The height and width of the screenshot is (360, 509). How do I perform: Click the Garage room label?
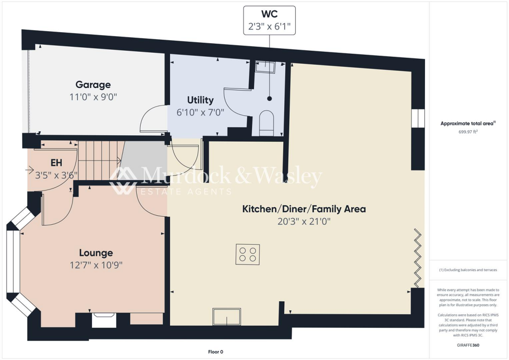[x=93, y=85]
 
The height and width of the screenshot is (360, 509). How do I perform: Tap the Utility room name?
[x=200, y=100]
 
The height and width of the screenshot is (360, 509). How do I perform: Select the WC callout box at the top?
[x=269, y=20]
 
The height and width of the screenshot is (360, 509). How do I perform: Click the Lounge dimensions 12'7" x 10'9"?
[x=96, y=265]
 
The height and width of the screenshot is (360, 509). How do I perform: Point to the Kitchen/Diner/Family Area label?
[x=304, y=209]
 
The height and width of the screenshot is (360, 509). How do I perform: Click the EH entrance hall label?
[x=56, y=163]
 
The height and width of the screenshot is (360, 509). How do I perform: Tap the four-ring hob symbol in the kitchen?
[x=248, y=255]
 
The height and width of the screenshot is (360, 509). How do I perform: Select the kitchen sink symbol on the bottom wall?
[x=226, y=316]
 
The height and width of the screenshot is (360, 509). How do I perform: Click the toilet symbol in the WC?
[x=266, y=123]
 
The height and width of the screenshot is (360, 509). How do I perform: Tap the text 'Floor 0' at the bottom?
[x=215, y=352]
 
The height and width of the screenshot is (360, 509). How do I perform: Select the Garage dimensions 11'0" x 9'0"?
[x=93, y=97]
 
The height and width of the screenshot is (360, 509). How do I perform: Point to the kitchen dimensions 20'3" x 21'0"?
[x=304, y=222]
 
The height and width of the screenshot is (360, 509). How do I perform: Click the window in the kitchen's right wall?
[x=418, y=118]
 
